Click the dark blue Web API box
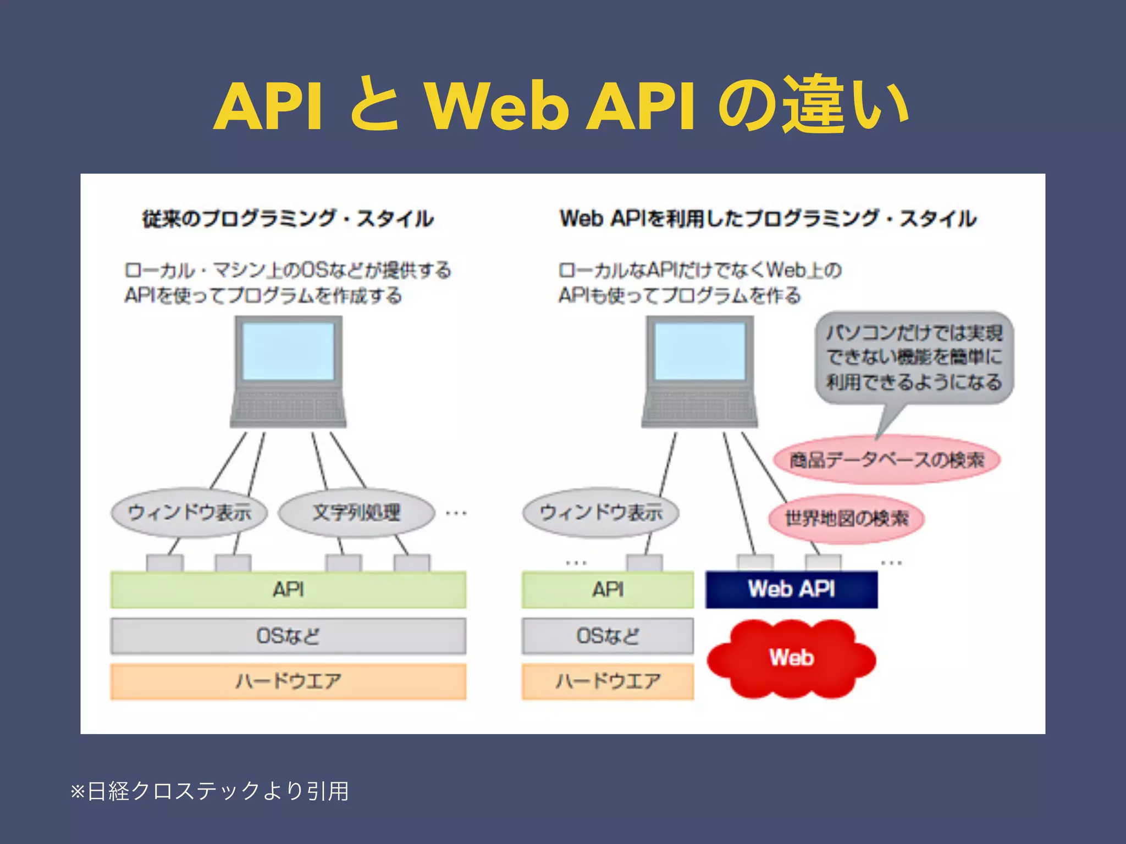point(791,590)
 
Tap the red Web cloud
point(791,658)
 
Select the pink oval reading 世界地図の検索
point(846,518)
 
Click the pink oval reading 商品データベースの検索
point(886,460)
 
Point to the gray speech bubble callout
point(914,358)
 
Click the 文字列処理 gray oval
point(356,513)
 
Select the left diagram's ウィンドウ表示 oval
point(189,513)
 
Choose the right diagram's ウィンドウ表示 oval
point(600,513)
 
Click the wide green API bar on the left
point(288,590)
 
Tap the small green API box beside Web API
point(608,590)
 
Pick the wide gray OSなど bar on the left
point(288,636)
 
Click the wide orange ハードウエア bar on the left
point(288,681)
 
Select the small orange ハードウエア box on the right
point(608,681)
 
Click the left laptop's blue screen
point(288,351)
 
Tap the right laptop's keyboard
point(699,407)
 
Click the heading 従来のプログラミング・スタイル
point(288,219)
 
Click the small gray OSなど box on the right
point(608,636)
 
